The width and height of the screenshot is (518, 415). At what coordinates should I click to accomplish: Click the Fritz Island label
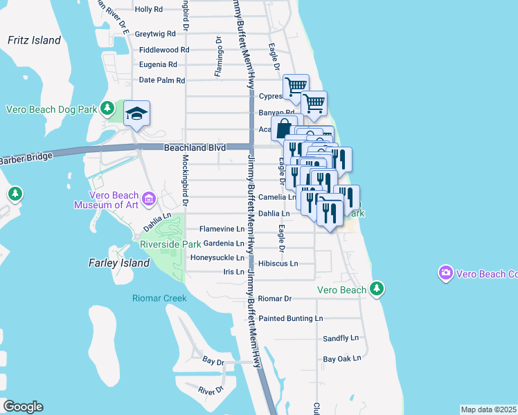click(x=35, y=40)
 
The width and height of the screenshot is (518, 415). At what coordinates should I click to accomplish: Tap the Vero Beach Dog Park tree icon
click(x=107, y=109)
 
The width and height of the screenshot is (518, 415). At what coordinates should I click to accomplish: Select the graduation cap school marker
click(x=137, y=113)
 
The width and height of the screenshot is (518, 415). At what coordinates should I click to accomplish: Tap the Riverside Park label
click(x=170, y=244)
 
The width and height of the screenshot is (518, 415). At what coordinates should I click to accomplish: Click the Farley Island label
click(x=119, y=263)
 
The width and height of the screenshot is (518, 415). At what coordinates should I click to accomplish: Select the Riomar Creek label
click(x=159, y=298)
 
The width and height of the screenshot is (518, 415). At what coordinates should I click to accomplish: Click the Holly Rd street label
click(x=149, y=9)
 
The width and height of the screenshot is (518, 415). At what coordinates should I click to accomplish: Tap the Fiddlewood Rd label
click(x=164, y=50)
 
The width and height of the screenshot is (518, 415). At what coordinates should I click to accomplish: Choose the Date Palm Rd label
click(x=162, y=80)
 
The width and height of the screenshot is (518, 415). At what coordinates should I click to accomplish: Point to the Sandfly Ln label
click(x=341, y=338)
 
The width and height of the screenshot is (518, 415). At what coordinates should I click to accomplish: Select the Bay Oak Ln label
click(x=342, y=359)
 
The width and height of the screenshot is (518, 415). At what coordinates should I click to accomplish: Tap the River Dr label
click(x=211, y=391)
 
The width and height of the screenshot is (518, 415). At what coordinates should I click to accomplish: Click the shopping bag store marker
click(x=284, y=128)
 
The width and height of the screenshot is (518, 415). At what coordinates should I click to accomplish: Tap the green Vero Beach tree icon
click(x=376, y=287)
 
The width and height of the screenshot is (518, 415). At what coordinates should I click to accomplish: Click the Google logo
click(x=23, y=407)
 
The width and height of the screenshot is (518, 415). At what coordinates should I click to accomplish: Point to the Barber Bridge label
click(x=26, y=158)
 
